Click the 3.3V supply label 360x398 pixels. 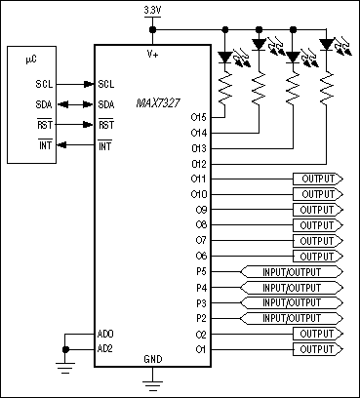pyautogui.click(x=152, y=10)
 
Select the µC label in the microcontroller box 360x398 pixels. pyautogui.click(x=30, y=60)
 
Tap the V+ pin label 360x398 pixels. pyautogui.click(x=153, y=55)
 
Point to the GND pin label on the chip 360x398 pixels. pyautogui.click(x=153, y=358)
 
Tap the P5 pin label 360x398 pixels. pyautogui.click(x=201, y=271)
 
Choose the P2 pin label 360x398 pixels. pyautogui.click(x=201, y=317)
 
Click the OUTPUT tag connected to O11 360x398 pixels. pyautogui.click(x=316, y=179)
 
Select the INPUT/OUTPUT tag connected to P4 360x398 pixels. pyautogui.click(x=292, y=287)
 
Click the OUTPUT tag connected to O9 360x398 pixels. pyautogui.click(x=316, y=210)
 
